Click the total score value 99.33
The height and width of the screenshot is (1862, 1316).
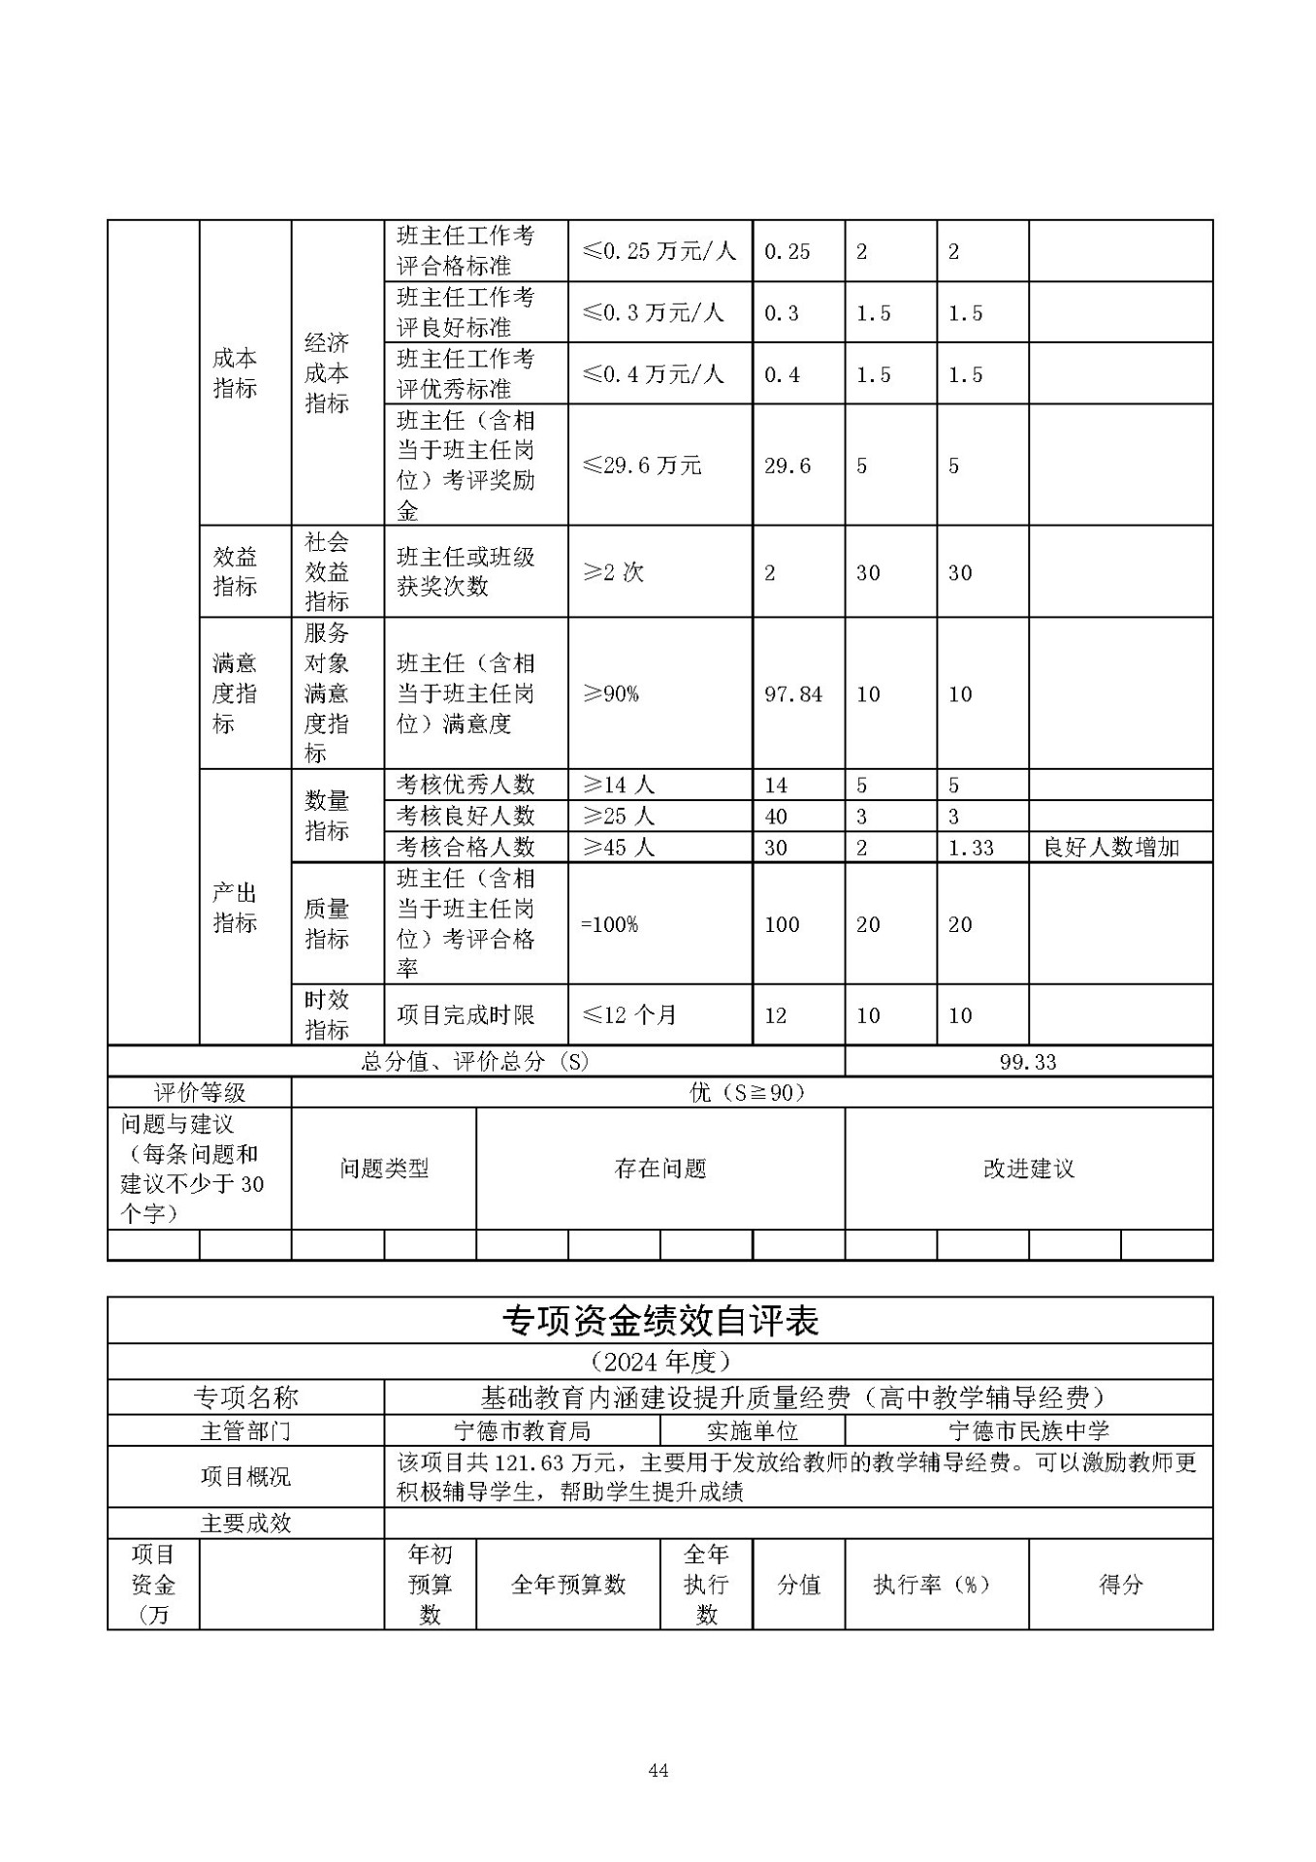[x=1028, y=1062]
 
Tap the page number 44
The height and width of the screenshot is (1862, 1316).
[x=658, y=1771]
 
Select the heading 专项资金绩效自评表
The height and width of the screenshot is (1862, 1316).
[x=659, y=1321]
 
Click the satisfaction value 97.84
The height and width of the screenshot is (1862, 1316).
[x=792, y=694]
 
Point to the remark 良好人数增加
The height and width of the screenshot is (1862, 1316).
[x=1110, y=848]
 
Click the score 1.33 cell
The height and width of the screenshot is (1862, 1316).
[x=971, y=848]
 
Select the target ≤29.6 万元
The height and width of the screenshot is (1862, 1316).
[x=641, y=465]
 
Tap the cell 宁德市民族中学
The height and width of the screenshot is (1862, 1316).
[x=1028, y=1431]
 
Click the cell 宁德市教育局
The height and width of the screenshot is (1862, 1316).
[x=522, y=1431]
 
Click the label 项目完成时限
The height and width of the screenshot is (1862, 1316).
[x=465, y=1015]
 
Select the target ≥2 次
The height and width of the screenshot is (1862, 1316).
[x=613, y=572]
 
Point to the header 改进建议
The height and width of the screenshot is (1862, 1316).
[x=1028, y=1169]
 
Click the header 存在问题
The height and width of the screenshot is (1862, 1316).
[x=659, y=1169]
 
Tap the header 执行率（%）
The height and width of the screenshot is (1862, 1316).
[x=931, y=1585]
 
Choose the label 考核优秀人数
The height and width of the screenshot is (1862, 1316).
[x=465, y=785]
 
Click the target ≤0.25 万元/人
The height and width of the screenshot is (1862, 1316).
[x=658, y=251]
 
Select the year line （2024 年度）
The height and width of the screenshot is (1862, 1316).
[x=659, y=1363]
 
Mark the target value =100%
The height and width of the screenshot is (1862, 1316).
[x=609, y=924]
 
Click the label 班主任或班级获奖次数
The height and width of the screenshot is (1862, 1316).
[x=465, y=572]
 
